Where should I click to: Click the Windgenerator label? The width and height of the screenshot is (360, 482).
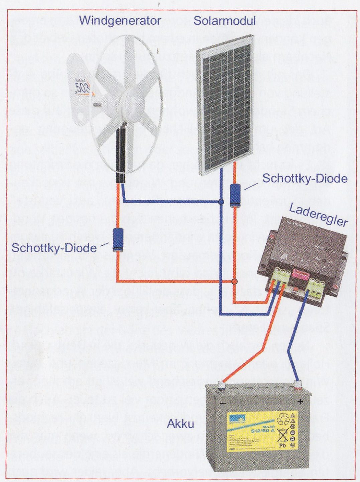[120, 21]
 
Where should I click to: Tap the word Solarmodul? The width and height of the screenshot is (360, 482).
[224, 21]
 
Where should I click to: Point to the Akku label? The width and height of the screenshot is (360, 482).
[181, 424]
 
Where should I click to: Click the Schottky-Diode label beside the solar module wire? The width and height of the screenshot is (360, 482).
[305, 178]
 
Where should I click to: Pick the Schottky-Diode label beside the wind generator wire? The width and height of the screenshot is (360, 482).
[54, 248]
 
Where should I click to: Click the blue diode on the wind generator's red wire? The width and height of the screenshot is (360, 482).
[118, 239]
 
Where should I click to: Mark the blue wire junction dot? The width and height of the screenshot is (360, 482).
[221, 202]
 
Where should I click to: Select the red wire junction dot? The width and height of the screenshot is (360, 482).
[234, 281]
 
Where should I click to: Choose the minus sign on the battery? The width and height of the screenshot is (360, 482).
[223, 403]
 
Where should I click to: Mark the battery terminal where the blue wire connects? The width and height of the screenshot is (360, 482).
[297, 386]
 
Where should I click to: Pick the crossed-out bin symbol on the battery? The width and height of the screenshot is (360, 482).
[283, 435]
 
